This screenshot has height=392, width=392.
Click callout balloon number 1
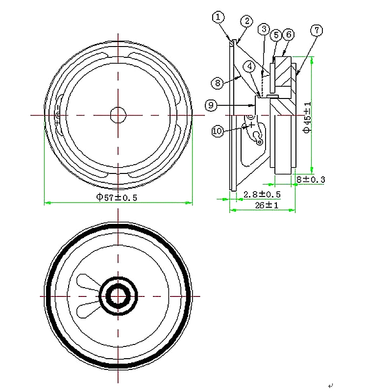(218, 17)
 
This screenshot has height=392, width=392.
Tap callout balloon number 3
(264, 29)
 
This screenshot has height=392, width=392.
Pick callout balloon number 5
(276, 35)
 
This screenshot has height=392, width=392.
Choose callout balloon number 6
(289, 34)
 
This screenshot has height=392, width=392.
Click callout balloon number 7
(317, 30)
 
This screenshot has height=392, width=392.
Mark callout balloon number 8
(218, 82)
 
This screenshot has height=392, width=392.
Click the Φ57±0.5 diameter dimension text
(116, 197)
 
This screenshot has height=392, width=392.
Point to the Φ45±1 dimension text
(307, 118)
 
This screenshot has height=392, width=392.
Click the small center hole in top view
(118, 115)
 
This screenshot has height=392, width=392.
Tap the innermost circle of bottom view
(118, 296)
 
